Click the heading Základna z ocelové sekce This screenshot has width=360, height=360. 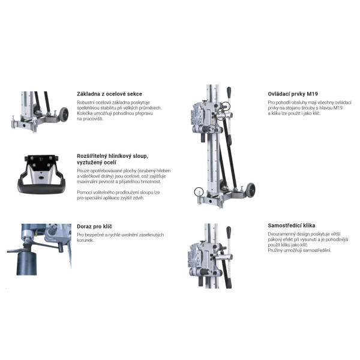(109, 94)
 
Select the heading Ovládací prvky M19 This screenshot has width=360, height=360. (293, 94)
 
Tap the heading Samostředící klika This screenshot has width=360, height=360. (292, 226)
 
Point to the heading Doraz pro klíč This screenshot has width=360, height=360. (94, 226)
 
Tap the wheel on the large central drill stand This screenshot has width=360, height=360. (251, 190)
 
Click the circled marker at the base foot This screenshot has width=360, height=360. (199, 192)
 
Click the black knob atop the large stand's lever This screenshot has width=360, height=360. (229, 92)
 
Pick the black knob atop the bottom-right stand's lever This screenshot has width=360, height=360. (229, 232)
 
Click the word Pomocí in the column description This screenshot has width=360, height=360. (84, 193)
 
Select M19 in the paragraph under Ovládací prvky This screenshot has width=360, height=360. (337, 108)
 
